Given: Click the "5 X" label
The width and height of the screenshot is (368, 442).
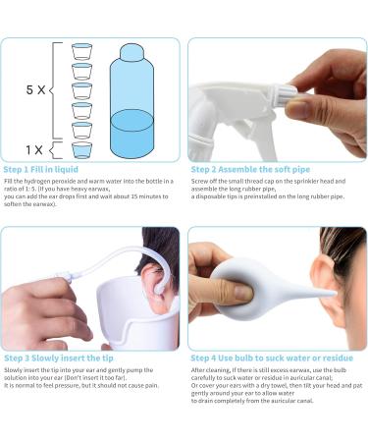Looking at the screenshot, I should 34,88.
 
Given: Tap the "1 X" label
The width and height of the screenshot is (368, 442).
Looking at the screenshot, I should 34,150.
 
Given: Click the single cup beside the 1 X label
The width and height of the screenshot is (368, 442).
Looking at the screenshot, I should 82,150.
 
